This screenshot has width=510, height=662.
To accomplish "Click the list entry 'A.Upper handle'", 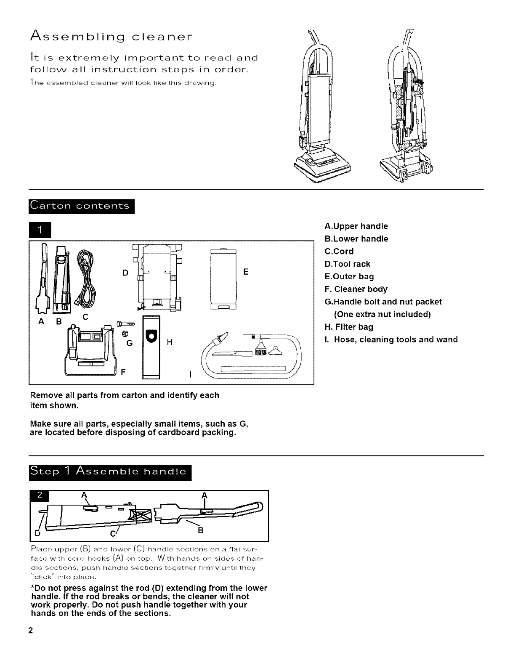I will coord(356,226).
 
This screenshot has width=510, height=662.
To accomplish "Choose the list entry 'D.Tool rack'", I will coord(348,264).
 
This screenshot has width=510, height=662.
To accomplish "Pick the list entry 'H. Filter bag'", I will coord(349,327).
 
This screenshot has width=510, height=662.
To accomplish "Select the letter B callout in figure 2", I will coord(201,531).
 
